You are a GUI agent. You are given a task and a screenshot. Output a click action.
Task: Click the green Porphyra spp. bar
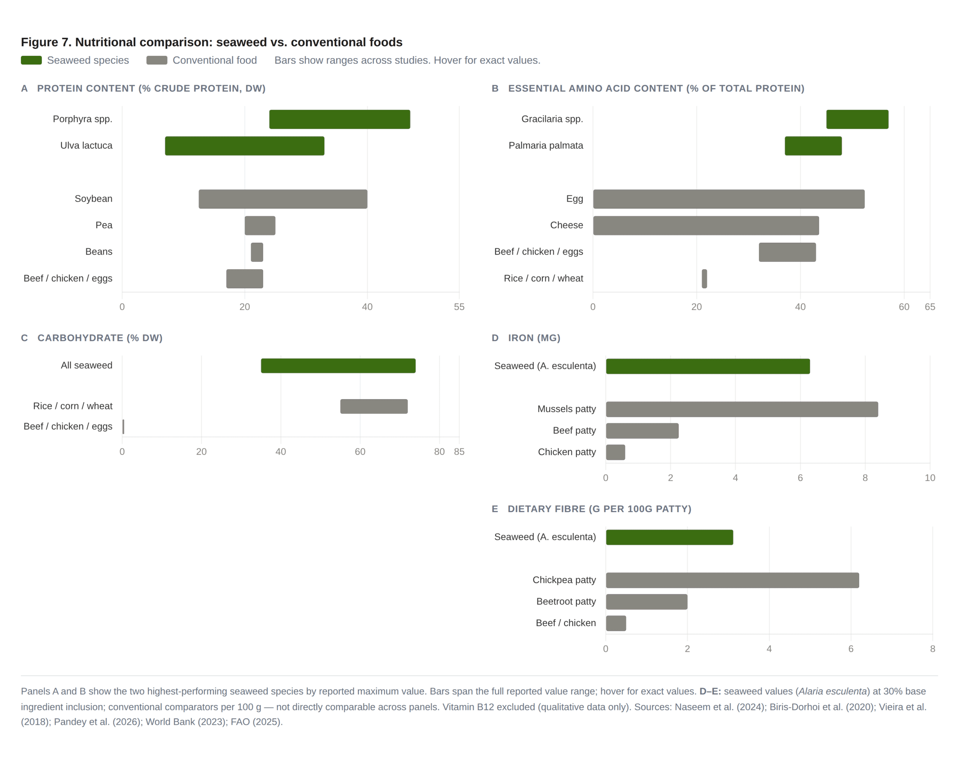point(339,119)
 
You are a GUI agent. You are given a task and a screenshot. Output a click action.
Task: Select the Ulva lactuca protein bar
point(245,146)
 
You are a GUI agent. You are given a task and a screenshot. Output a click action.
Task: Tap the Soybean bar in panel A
point(283,199)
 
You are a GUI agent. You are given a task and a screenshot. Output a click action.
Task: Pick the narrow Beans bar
point(257,252)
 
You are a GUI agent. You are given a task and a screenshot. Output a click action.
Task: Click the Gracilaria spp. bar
point(857,119)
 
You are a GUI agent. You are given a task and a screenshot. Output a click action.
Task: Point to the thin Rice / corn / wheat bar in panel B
point(705,279)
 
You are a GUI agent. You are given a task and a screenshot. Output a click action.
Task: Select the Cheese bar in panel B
point(706,226)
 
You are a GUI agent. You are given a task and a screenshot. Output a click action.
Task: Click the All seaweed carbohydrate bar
point(338,366)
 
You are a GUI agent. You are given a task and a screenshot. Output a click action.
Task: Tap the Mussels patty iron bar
point(742,409)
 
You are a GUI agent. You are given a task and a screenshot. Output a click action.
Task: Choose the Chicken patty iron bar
point(615,452)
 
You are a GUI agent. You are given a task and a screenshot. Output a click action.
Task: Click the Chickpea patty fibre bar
point(733,580)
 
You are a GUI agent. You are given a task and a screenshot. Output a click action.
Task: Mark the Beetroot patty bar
point(647,602)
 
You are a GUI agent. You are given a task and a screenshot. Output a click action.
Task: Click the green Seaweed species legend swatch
point(31,60)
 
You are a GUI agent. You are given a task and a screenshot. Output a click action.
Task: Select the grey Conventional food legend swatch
point(157,60)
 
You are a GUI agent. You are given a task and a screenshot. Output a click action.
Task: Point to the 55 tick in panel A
point(459,307)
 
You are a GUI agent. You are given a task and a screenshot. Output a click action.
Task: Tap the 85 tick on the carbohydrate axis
point(459,452)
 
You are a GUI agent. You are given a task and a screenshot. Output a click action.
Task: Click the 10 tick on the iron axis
point(930,478)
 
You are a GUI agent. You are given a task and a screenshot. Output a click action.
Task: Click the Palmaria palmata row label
point(546,145)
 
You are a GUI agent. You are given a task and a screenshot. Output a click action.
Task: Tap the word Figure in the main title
point(40,42)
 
